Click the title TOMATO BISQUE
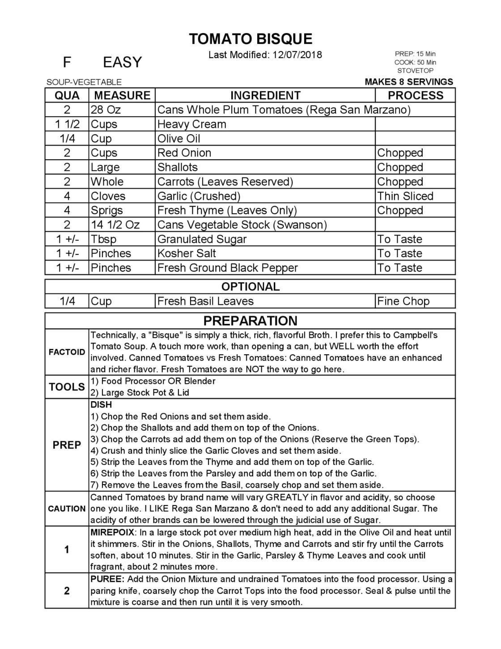pyautogui.click(x=250, y=39)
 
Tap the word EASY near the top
pyautogui.click(x=122, y=62)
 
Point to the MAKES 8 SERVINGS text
pyautogui.click(x=408, y=82)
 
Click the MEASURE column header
pyautogui.click(x=122, y=95)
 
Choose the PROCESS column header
pyautogui.click(x=415, y=95)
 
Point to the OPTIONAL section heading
pyautogui.click(x=250, y=287)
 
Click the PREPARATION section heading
pyautogui.click(x=250, y=321)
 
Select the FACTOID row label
pyautogui.click(x=67, y=352)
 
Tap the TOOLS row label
pyautogui.click(x=67, y=387)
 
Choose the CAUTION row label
pyautogui.click(x=67, y=509)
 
